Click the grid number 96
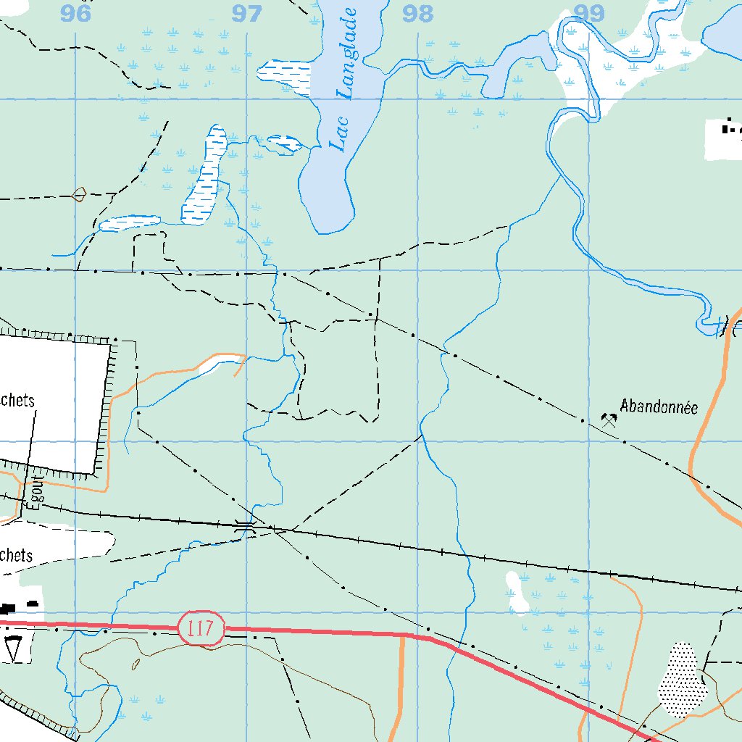(77, 13)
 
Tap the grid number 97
(247, 13)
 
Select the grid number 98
(418, 13)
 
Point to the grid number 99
(589, 12)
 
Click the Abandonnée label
(659, 407)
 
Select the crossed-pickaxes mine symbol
(609, 419)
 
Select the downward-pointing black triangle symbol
(13, 649)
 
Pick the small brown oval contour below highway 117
(136, 663)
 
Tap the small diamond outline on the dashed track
(79, 193)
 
